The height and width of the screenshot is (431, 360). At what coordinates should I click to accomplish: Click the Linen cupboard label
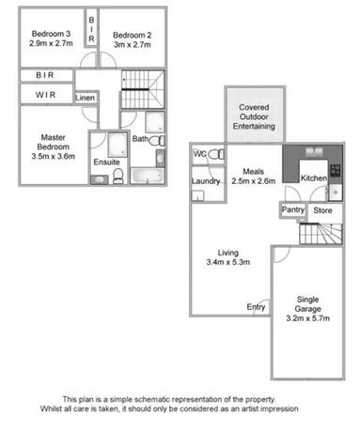[85, 97]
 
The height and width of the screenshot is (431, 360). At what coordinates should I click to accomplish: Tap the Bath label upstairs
[140, 139]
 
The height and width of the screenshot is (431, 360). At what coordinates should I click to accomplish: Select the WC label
[199, 154]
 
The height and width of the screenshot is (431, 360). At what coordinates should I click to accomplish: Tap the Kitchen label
[313, 177]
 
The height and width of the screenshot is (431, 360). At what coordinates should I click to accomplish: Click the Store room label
[321, 210]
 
